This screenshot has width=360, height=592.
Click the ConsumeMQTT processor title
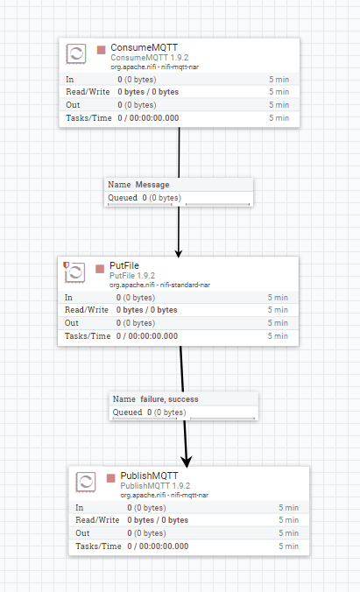point(144,47)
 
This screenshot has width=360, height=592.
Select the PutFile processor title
point(124,265)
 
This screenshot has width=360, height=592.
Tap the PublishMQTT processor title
point(149,476)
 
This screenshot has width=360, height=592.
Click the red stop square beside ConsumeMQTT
point(102,50)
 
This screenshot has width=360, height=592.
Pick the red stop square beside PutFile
point(100,269)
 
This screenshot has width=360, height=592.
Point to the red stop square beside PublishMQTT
point(110,478)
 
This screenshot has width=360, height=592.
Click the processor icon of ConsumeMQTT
point(76,53)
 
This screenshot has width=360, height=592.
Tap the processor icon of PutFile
point(74,271)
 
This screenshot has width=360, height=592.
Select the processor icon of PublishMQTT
point(86,483)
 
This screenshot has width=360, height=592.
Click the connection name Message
point(152,185)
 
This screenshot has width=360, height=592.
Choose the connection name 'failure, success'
point(169,399)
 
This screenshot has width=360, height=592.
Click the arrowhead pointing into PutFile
point(179,253)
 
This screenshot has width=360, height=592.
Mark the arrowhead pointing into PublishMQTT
point(187,462)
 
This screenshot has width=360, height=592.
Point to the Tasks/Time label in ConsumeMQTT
point(88,118)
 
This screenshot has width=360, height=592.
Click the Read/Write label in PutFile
point(87,310)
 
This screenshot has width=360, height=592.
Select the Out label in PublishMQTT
point(82,533)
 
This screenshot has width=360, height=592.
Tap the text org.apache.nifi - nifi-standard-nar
point(159,285)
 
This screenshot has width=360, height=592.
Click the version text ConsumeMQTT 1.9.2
point(150,58)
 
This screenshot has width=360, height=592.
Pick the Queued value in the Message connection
point(162,198)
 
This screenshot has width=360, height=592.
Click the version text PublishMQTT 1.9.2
point(155,486)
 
